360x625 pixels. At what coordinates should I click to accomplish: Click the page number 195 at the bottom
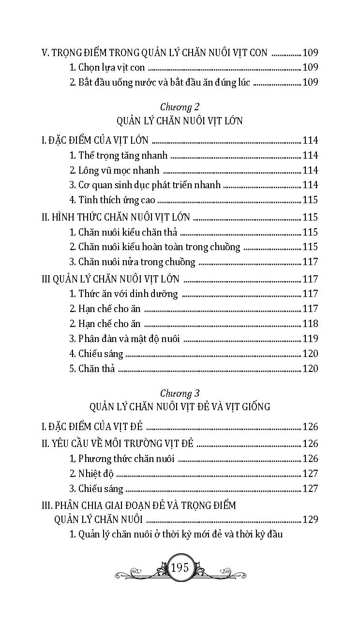click(180, 567)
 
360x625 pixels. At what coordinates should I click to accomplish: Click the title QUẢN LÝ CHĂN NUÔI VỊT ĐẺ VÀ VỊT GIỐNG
click(180, 407)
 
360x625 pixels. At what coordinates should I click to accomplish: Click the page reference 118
click(310, 324)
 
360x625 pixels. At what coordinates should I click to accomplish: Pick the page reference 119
click(310, 339)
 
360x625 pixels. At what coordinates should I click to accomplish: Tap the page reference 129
click(310, 520)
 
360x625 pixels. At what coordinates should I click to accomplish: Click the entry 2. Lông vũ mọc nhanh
click(114, 170)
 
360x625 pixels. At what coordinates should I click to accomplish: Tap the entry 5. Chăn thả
click(92, 369)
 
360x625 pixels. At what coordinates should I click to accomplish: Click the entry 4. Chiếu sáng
click(96, 354)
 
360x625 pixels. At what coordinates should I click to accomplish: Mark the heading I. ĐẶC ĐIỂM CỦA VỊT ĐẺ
click(91, 427)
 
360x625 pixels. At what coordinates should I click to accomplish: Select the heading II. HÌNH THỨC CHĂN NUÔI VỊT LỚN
click(116, 217)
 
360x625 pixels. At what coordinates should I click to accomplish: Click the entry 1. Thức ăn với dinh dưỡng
click(123, 294)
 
